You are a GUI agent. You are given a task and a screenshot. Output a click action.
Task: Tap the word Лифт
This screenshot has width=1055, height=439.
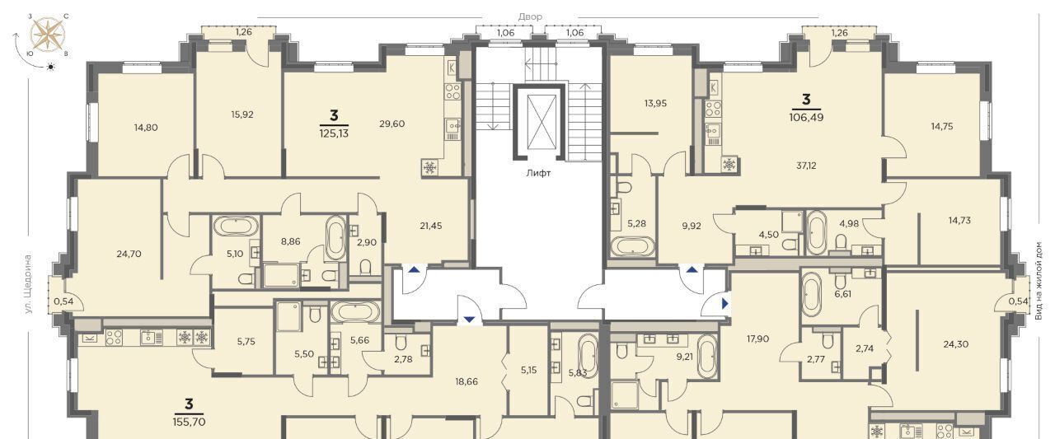[x=538, y=173]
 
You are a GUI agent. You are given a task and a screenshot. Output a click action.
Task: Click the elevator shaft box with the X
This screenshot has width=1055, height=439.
[x=539, y=121]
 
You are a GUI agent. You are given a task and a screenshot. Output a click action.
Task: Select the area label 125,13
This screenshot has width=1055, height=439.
[x=334, y=133]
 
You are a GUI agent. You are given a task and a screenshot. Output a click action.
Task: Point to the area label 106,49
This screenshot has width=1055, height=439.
[x=806, y=118]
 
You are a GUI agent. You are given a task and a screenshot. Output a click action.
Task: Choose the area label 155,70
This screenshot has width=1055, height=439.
[x=189, y=422]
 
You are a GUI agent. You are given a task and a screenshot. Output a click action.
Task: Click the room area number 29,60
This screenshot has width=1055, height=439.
[x=392, y=124]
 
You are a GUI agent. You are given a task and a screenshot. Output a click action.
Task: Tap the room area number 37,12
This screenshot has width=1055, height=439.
[x=806, y=166]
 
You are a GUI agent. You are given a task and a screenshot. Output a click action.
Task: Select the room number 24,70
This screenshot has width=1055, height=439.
[x=129, y=254]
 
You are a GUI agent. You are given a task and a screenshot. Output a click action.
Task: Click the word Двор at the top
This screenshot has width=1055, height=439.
[x=530, y=17]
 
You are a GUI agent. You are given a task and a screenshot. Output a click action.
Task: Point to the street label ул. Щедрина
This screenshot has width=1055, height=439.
[x=28, y=284]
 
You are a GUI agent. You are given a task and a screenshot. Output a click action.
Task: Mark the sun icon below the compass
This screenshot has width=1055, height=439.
[x=51, y=67]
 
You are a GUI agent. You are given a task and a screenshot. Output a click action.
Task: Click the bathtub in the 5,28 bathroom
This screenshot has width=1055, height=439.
[x=632, y=246]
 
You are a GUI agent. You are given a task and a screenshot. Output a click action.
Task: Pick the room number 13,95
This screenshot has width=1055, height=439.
[x=655, y=104]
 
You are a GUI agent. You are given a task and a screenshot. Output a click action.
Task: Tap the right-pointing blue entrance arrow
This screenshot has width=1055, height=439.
[x=725, y=303]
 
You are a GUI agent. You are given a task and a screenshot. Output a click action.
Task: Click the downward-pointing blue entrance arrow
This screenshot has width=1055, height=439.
[x=469, y=320]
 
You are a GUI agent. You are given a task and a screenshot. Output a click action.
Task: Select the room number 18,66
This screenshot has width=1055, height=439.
[x=467, y=381]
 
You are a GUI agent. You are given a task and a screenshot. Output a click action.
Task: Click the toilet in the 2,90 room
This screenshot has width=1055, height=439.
[x=365, y=267]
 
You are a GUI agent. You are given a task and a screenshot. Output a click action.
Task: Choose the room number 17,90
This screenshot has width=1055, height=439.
[x=757, y=339]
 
